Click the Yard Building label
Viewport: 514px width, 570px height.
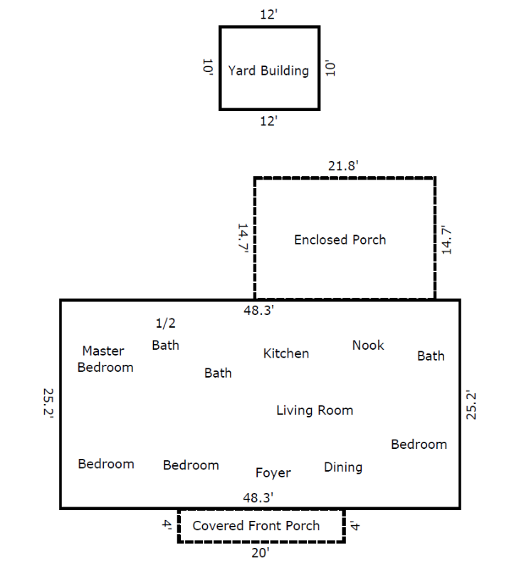pyautogui.click(x=268, y=71)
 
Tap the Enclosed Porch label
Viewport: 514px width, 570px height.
pyautogui.click(x=340, y=240)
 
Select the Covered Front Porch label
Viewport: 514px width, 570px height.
pyautogui.click(x=256, y=526)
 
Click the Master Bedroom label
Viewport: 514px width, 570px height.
pyautogui.click(x=105, y=359)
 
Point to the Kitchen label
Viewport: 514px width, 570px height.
pyautogui.click(x=286, y=353)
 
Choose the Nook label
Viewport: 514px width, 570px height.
pyautogui.click(x=368, y=345)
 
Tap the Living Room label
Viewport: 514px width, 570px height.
pyautogui.click(x=315, y=410)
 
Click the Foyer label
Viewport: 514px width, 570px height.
pyautogui.click(x=273, y=473)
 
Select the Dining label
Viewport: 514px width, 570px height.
pyautogui.click(x=343, y=467)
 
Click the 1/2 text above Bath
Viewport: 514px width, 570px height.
pyautogui.click(x=166, y=323)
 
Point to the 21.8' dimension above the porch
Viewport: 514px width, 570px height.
pyautogui.click(x=343, y=166)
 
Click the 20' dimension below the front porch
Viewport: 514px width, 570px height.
pyautogui.click(x=261, y=553)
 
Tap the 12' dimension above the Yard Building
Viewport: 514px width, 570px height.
pyautogui.click(x=269, y=14)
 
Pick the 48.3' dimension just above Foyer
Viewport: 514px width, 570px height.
pyautogui.click(x=258, y=497)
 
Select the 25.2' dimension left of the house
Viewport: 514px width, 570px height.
pyautogui.click(x=48, y=403)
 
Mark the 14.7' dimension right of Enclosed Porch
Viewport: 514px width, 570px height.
pyautogui.click(x=446, y=240)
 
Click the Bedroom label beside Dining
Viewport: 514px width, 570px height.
pyautogui.click(x=419, y=444)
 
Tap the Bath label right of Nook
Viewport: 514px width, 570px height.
pyautogui.click(x=431, y=356)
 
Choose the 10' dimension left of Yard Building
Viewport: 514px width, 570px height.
pyautogui.click(x=207, y=67)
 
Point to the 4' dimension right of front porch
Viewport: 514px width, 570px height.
pyautogui.click(x=354, y=526)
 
